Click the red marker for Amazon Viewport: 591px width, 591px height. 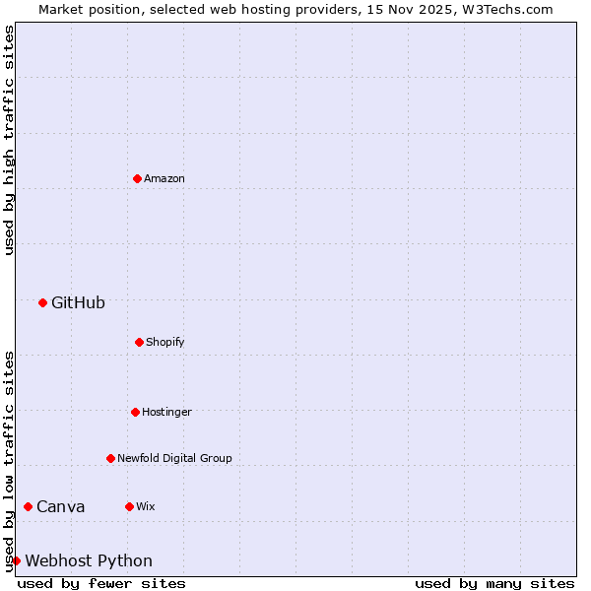pos(137,178)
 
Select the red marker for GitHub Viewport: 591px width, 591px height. pos(42,302)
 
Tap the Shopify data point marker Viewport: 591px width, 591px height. pos(139,342)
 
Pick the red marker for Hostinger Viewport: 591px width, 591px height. pos(135,412)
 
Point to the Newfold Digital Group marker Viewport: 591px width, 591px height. pos(110,458)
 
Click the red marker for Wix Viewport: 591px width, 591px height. pos(129,506)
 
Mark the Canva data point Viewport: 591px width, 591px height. pos(28,506)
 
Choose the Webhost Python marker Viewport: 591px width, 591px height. pos(16,560)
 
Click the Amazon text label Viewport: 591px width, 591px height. pos(164,178)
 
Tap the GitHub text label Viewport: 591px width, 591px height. pos(78,302)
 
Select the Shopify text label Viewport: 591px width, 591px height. pos(165,342)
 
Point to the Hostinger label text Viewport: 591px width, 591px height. pos(166,412)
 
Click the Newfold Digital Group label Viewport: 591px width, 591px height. pos(175,458)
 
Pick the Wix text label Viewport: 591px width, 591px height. pos(146,506)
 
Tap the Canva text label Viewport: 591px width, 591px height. pos(61,506)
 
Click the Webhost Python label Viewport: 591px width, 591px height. pos(89,560)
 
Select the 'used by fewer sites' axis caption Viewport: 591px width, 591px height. pos(101,583)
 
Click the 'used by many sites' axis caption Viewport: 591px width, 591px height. pos(494,583)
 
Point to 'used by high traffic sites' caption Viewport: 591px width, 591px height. pos(9,140)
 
